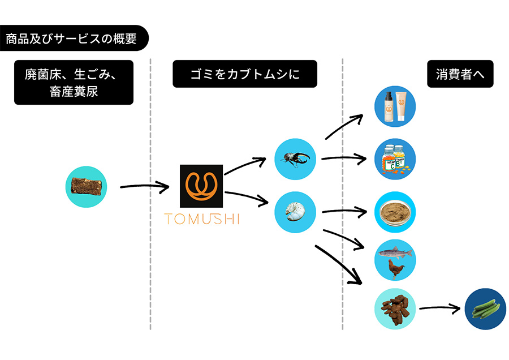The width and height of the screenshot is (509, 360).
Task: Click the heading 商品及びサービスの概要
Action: [72, 39]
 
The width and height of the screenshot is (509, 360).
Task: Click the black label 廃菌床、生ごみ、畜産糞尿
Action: [74, 83]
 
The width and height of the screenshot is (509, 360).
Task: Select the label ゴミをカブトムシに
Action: [245, 74]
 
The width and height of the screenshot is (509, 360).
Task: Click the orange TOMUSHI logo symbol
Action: [201, 186]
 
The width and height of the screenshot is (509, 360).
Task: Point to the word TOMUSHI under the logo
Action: [202, 219]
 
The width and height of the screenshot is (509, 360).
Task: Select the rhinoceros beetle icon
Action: [295, 159]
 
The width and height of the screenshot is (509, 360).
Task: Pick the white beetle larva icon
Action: [295, 212]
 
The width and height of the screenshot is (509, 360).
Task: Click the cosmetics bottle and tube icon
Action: [396, 106]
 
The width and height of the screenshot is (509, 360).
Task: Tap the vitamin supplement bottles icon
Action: [396, 159]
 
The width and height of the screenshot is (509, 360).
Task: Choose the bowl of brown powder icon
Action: [396, 212]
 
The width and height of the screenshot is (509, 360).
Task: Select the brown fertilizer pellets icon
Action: [396, 308]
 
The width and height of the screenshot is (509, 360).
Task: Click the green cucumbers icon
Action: [485, 309]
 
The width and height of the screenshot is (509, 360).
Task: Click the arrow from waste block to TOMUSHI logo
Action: [144, 186]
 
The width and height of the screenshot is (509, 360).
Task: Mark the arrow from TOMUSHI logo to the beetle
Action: [244, 165]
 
